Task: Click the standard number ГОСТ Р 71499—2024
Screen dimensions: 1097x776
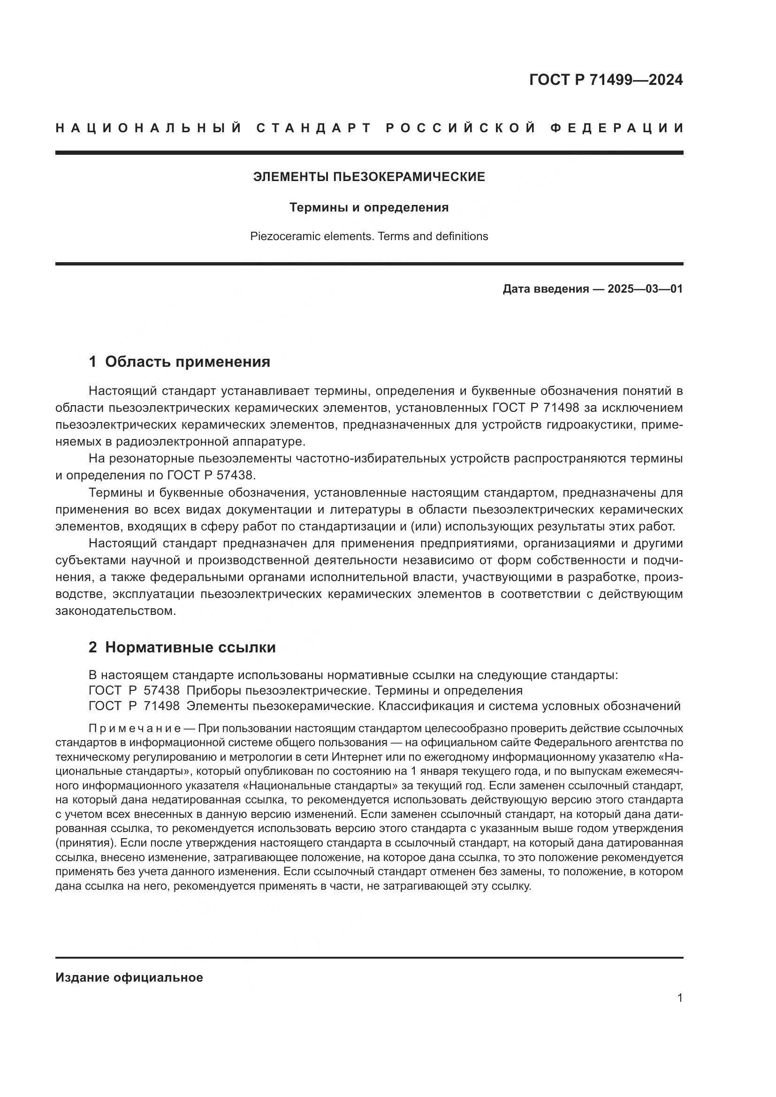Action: click(606, 80)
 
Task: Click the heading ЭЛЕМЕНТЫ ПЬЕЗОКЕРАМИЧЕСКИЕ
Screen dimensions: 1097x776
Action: click(369, 177)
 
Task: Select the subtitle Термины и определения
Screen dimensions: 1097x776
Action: click(369, 208)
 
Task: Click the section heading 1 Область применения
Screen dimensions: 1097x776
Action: click(180, 362)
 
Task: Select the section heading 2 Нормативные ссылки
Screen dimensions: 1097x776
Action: click(182, 647)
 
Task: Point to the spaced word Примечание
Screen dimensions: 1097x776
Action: click(134, 729)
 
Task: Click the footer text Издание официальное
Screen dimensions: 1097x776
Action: click(129, 977)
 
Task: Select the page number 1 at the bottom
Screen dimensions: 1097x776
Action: click(680, 998)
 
